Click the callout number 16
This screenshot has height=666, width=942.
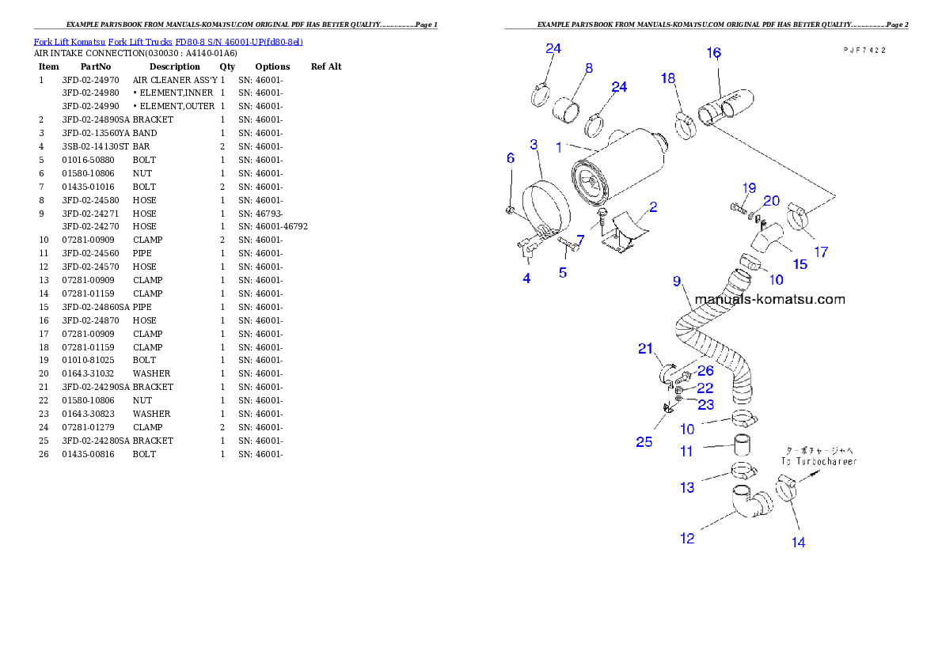tap(713, 53)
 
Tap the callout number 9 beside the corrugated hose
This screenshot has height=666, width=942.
tap(677, 281)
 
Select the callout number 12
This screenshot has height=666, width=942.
tap(686, 538)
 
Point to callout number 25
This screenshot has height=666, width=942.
tap(644, 441)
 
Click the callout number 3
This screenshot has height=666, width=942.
tap(534, 145)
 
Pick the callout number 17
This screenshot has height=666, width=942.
tap(821, 252)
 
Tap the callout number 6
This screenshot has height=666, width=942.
tap(511, 158)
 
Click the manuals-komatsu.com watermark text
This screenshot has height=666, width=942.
tap(769, 300)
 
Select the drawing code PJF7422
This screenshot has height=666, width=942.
tap(864, 49)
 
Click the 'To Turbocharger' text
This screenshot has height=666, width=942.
tap(819, 460)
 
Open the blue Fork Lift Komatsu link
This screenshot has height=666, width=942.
tap(168, 41)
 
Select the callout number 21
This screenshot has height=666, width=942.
tap(646, 349)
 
